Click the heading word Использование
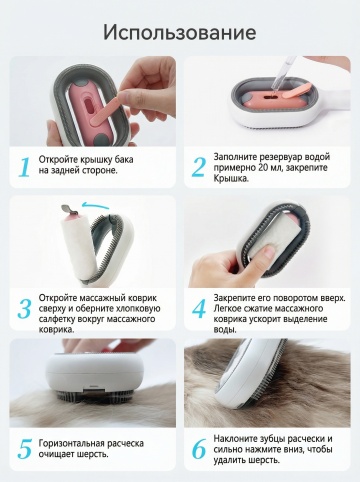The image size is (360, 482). (180, 32)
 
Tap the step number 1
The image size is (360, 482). (24, 167)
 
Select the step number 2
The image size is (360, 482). (199, 167)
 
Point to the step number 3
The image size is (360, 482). (24, 309)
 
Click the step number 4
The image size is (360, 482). (199, 309)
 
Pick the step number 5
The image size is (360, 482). (24, 448)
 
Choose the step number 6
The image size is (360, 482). (199, 449)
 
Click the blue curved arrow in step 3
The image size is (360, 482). (96, 205)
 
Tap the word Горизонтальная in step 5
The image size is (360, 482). (72, 444)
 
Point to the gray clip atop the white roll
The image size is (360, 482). (69, 210)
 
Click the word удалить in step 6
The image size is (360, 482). (231, 461)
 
